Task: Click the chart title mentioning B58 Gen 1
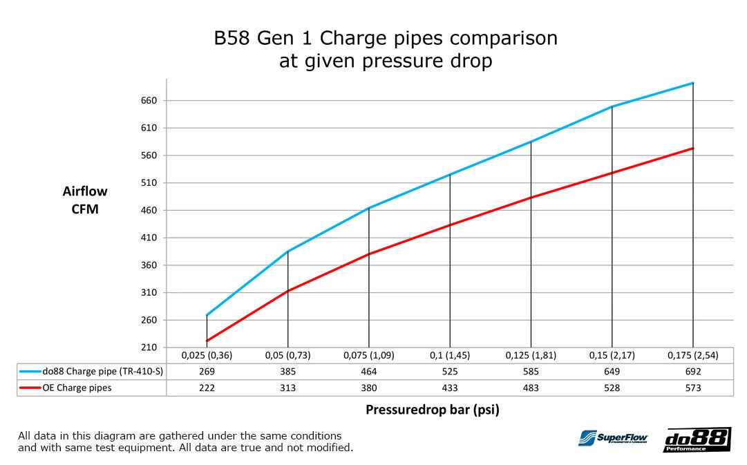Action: click(386, 49)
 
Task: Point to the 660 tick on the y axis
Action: click(149, 101)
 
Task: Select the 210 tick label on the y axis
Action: click(149, 348)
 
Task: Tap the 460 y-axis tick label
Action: click(149, 211)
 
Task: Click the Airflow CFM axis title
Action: click(85, 200)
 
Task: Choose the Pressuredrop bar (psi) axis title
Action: click(432, 410)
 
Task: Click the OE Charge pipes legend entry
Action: click(76, 388)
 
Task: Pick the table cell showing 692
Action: click(692, 371)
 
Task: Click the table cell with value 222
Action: click(207, 388)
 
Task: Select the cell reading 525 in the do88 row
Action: click(450, 371)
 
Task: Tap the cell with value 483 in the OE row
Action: click(531, 388)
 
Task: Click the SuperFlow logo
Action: click(612, 438)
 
